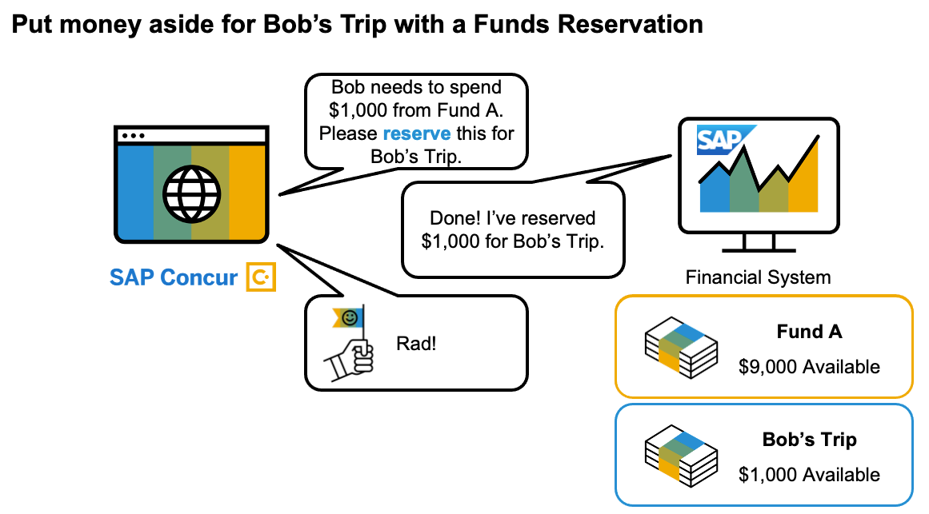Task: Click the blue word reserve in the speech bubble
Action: (417, 133)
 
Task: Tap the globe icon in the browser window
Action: (192, 193)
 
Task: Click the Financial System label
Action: (758, 277)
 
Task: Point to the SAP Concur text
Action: (174, 277)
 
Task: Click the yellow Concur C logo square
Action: (261, 277)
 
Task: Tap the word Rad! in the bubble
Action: (416, 344)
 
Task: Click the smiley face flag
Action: (349, 318)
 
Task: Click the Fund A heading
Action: (809, 332)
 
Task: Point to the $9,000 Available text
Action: (809, 367)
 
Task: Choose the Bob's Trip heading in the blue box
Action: (809, 440)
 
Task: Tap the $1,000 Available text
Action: (809, 474)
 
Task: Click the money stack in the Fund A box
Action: (681, 348)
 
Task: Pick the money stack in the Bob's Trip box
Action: (681, 456)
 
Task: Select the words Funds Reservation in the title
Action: (588, 24)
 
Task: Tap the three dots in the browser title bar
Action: (133, 136)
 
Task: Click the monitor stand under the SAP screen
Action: (759, 243)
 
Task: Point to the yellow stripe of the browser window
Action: (247, 192)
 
